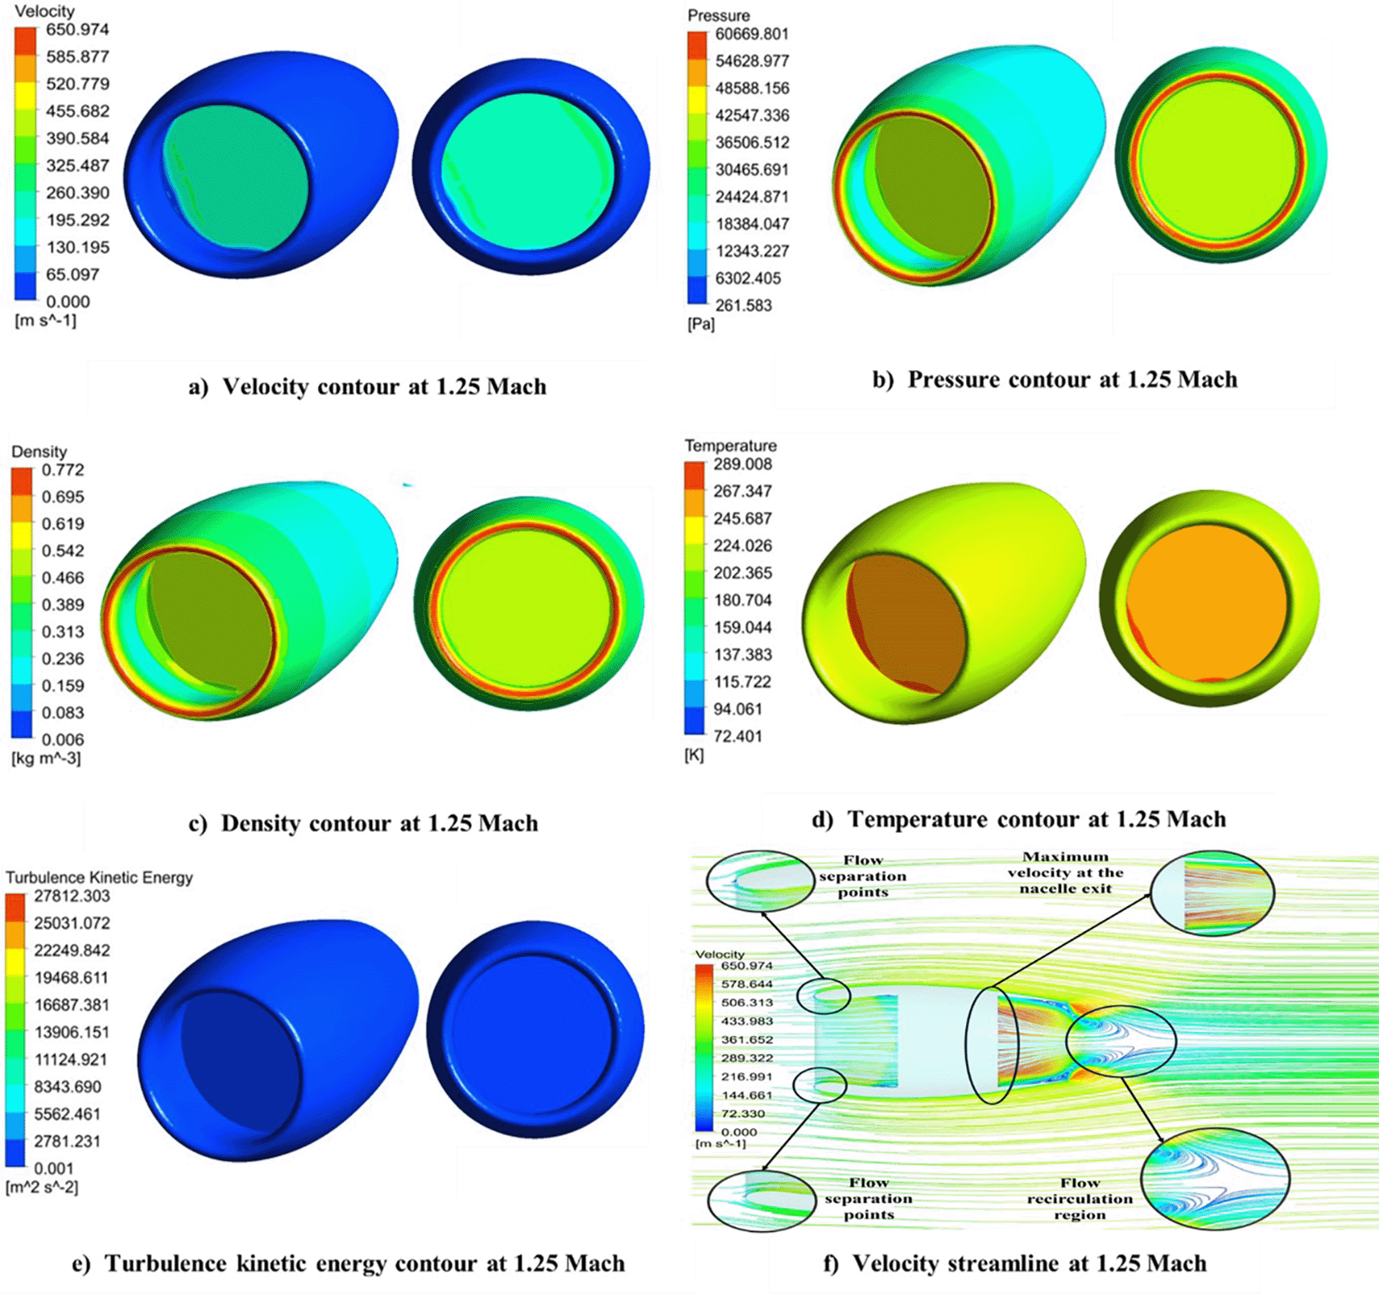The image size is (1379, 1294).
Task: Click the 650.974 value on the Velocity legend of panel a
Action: (x=76, y=30)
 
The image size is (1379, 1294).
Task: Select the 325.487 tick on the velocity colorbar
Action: (x=76, y=166)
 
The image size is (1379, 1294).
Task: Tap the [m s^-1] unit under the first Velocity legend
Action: (x=46, y=320)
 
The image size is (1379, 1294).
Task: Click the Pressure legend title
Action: (x=718, y=15)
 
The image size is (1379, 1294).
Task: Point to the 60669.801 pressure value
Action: (x=752, y=34)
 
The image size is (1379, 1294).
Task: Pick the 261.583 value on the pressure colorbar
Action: (x=743, y=305)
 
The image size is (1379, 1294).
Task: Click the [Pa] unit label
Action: (x=700, y=323)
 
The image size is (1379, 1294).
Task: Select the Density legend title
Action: (x=39, y=451)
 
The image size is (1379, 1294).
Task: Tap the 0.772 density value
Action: (x=63, y=470)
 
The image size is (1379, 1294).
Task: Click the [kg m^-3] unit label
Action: (x=46, y=758)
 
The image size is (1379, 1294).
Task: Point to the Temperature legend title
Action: (x=730, y=446)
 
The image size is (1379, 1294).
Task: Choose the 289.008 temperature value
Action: (x=742, y=464)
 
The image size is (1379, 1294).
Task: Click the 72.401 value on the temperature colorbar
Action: (x=737, y=736)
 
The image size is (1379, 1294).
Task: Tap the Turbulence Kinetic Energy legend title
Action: (x=99, y=877)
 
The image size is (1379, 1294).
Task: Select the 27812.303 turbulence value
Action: (x=72, y=896)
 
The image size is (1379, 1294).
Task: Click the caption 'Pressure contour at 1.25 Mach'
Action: (x=1071, y=380)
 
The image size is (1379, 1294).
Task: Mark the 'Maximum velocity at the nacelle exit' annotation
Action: (x=1065, y=873)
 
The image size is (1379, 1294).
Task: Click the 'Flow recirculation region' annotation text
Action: (x=1080, y=1199)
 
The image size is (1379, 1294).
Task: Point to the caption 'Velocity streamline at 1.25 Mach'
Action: (x=1029, y=1263)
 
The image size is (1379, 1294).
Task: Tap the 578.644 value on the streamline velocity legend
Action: (x=746, y=984)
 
